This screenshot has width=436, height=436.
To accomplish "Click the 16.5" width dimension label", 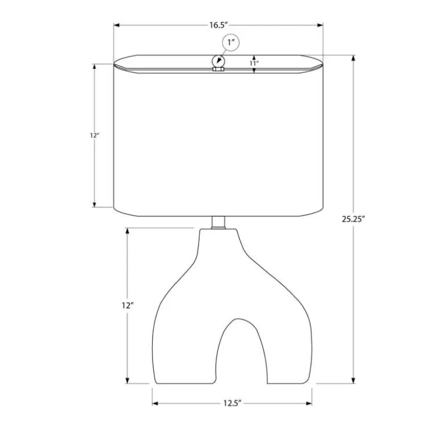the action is (x=219, y=25).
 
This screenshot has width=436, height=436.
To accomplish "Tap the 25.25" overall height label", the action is (x=353, y=219).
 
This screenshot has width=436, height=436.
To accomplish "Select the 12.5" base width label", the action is (x=232, y=403).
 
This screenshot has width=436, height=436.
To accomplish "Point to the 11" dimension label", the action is (x=254, y=63).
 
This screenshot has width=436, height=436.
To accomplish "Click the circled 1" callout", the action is (x=230, y=43).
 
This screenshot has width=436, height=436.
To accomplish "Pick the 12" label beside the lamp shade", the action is (x=94, y=136).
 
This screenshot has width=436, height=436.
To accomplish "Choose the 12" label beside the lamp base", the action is (x=128, y=306).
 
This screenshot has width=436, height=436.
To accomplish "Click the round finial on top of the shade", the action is (x=218, y=61).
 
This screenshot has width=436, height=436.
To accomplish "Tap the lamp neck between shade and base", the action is (x=218, y=223).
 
